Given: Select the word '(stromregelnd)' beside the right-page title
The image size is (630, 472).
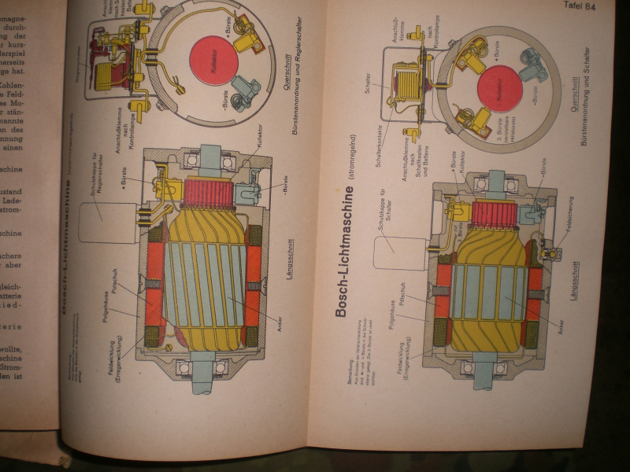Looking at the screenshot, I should (x=343, y=170).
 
